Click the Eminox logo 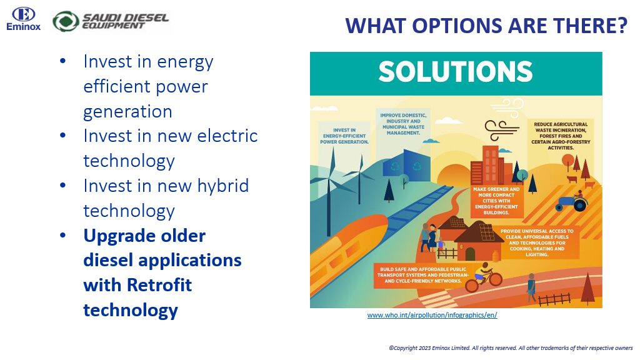(23, 19)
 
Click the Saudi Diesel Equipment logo (111, 21)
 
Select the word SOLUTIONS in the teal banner (456, 72)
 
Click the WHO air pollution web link (432, 315)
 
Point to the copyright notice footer (511, 348)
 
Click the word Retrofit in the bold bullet (159, 285)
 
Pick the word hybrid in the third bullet (223, 186)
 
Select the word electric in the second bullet (227, 136)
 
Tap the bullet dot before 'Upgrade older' (63, 236)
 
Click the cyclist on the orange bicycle (484, 277)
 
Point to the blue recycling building (406, 166)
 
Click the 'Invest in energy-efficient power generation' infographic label (344, 136)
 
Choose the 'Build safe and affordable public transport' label (423, 275)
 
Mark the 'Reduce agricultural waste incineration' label (561, 136)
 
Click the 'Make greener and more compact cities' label (496, 201)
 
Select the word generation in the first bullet (127, 111)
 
